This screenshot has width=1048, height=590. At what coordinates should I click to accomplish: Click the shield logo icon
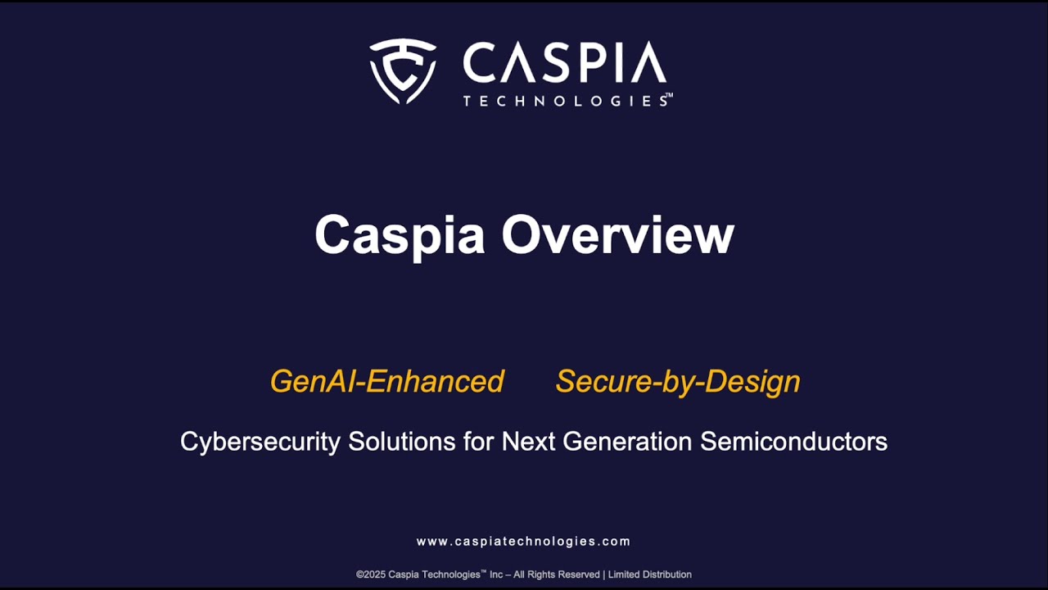(x=402, y=70)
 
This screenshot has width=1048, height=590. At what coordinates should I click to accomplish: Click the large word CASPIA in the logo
(x=564, y=63)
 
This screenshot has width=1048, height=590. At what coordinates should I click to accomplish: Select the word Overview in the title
(x=618, y=235)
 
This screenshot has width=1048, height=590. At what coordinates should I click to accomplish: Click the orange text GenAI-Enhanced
(x=386, y=381)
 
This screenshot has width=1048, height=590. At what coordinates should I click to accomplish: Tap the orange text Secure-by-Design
(x=678, y=381)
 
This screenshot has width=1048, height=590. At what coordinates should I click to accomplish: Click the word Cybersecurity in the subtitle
(x=260, y=442)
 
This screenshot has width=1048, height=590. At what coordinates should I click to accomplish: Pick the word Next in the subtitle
(x=527, y=442)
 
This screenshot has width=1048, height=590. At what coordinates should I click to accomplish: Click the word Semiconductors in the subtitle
(x=794, y=442)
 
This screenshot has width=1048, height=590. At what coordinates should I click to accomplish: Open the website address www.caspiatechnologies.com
(x=523, y=542)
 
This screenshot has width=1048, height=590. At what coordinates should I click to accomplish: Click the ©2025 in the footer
(x=372, y=574)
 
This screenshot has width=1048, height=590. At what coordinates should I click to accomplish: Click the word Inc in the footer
(x=496, y=574)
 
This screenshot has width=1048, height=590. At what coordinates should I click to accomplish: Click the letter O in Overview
(x=521, y=235)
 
